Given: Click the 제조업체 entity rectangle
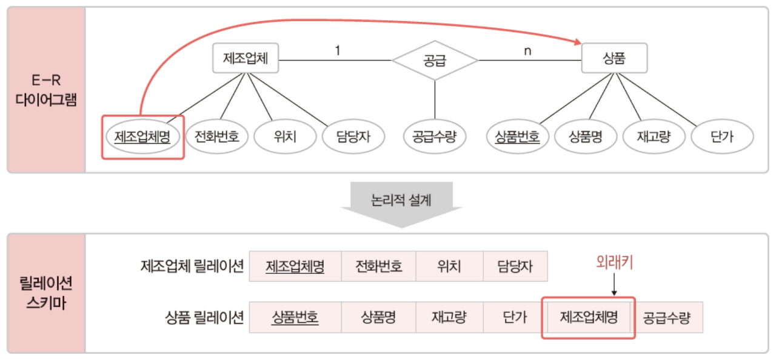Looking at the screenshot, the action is pyautogui.click(x=246, y=59).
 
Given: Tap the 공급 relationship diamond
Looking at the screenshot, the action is pyautogui.click(x=435, y=60).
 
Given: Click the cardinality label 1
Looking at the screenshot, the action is pyautogui.click(x=337, y=50).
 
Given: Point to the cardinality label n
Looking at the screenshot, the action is pyautogui.click(x=527, y=50).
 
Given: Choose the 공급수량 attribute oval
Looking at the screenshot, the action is pyautogui.click(x=434, y=137).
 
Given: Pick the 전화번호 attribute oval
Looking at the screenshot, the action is pyautogui.click(x=216, y=137).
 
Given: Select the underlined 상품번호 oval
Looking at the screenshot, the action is pyautogui.click(x=517, y=137).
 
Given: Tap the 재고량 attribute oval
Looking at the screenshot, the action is pyautogui.click(x=654, y=137).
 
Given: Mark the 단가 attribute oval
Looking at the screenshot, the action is pyautogui.click(x=721, y=137).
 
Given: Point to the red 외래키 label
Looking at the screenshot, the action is pyautogui.click(x=614, y=264).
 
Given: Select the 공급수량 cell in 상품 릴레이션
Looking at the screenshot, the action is pyautogui.click(x=667, y=318).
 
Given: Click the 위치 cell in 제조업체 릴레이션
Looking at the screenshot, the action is pyautogui.click(x=449, y=267).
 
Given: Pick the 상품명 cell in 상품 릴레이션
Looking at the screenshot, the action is pyautogui.click(x=378, y=318).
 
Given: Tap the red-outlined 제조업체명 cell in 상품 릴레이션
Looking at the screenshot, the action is pyautogui.click(x=588, y=318).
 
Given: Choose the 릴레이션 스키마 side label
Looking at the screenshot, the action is pyautogui.click(x=46, y=293).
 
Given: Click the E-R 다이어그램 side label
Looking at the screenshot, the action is pyautogui.click(x=46, y=90).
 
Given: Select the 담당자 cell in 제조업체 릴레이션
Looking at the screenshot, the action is pyautogui.click(x=515, y=267).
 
